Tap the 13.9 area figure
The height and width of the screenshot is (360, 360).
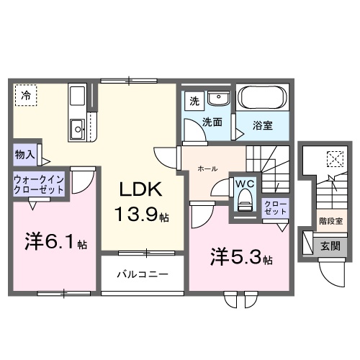click(x=140, y=214)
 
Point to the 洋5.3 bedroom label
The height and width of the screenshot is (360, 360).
click(x=240, y=256)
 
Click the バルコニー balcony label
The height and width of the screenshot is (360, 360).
click(x=144, y=275)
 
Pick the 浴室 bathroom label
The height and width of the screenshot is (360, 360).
click(x=262, y=125)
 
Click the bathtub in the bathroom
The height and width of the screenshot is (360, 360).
click(x=262, y=98)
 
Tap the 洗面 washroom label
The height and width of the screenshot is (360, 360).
click(x=212, y=122)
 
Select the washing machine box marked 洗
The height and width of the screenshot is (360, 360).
click(x=193, y=102)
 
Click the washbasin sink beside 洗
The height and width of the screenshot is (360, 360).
click(x=217, y=99)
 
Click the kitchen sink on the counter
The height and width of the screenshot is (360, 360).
click(x=76, y=130)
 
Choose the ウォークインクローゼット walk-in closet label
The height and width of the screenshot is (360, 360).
click(x=37, y=184)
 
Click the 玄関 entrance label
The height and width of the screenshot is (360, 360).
click(x=330, y=245)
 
